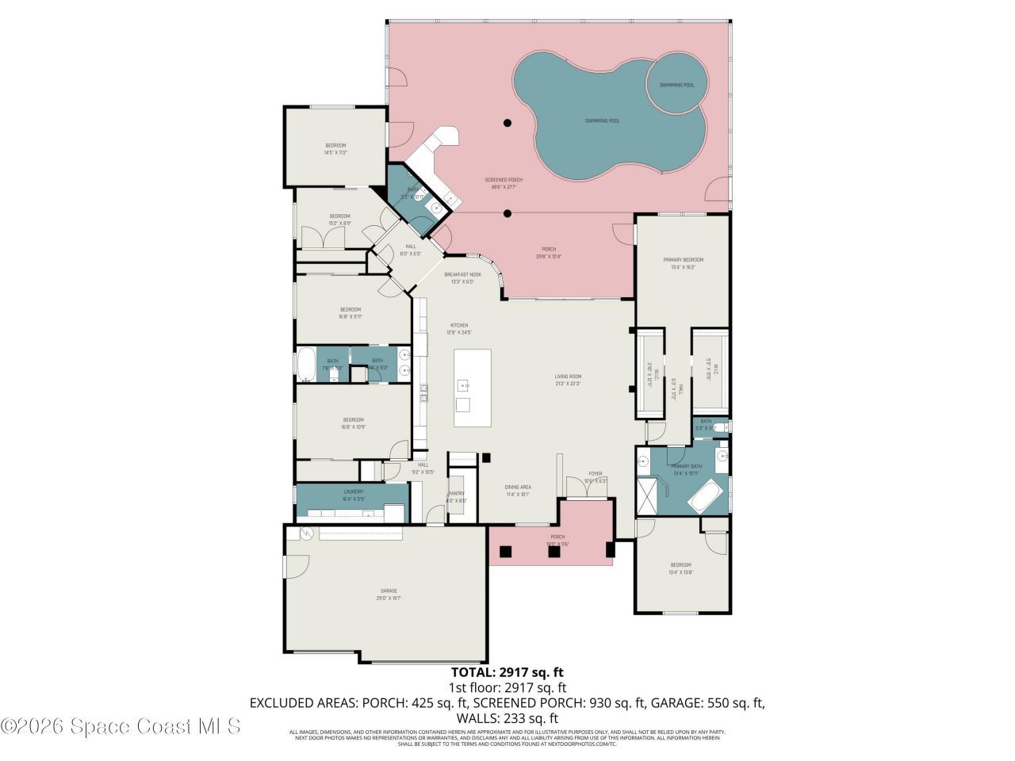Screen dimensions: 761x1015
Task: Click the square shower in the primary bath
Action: coord(648,496)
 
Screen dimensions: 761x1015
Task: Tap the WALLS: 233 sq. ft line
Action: coord(507,718)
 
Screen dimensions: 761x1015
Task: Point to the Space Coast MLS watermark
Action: coord(121,725)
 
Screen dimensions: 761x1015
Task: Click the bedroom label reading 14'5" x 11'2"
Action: coord(335,148)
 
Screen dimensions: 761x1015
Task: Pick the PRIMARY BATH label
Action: coord(686,469)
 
